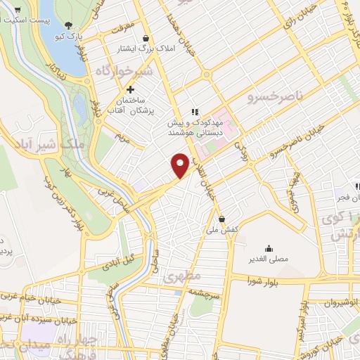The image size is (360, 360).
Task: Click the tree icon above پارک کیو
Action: [67, 25]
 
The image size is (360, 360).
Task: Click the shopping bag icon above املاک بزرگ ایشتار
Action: [146, 39]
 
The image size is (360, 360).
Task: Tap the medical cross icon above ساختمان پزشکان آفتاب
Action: [130, 89]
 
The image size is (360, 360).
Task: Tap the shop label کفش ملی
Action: [224, 230]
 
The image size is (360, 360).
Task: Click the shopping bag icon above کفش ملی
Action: [221, 219]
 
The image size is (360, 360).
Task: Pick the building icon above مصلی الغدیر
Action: [268, 248]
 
